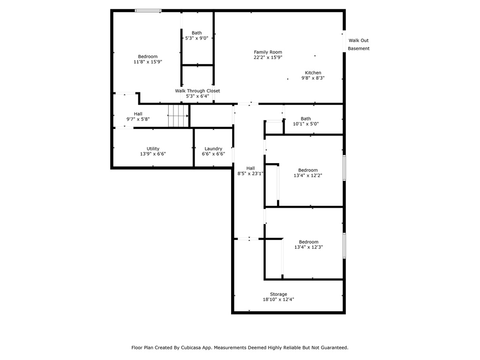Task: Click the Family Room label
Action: [x=268, y=52]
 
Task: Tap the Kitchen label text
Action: [x=313, y=73]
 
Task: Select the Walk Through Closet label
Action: [x=197, y=91]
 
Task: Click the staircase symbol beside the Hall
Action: [x=178, y=116]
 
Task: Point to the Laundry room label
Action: [x=213, y=149]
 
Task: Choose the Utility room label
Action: [x=153, y=149]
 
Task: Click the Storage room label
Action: [x=278, y=294]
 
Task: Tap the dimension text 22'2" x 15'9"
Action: [x=268, y=57]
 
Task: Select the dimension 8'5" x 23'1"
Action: [x=250, y=173]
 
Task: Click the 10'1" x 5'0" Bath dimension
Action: [x=306, y=124]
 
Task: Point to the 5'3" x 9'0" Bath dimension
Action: [x=196, y=38]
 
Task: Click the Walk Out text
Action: [x=359, y=40]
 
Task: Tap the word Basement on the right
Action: [x=359, y=48]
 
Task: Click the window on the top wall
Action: [x=148, y=11]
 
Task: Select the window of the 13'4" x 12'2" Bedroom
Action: [x=344, y=168]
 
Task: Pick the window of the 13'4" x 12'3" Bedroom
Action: [x=344, y=246]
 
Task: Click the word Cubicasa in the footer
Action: [x=191, y=347]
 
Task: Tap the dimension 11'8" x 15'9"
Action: [x=148, y=62]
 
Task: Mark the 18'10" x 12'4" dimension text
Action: [x=278, y=300]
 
